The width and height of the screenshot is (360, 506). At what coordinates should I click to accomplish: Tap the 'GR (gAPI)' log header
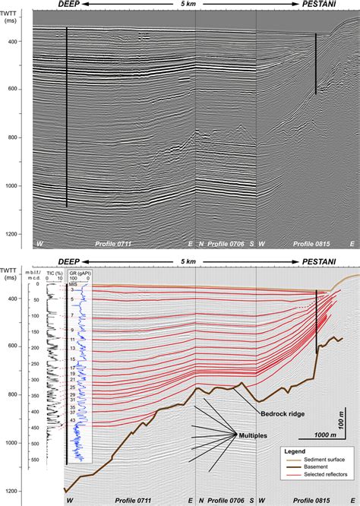(79, 271)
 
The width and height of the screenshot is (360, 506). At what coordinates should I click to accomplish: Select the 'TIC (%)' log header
(55, 271)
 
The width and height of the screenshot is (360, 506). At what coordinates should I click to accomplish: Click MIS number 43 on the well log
(72, 420)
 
